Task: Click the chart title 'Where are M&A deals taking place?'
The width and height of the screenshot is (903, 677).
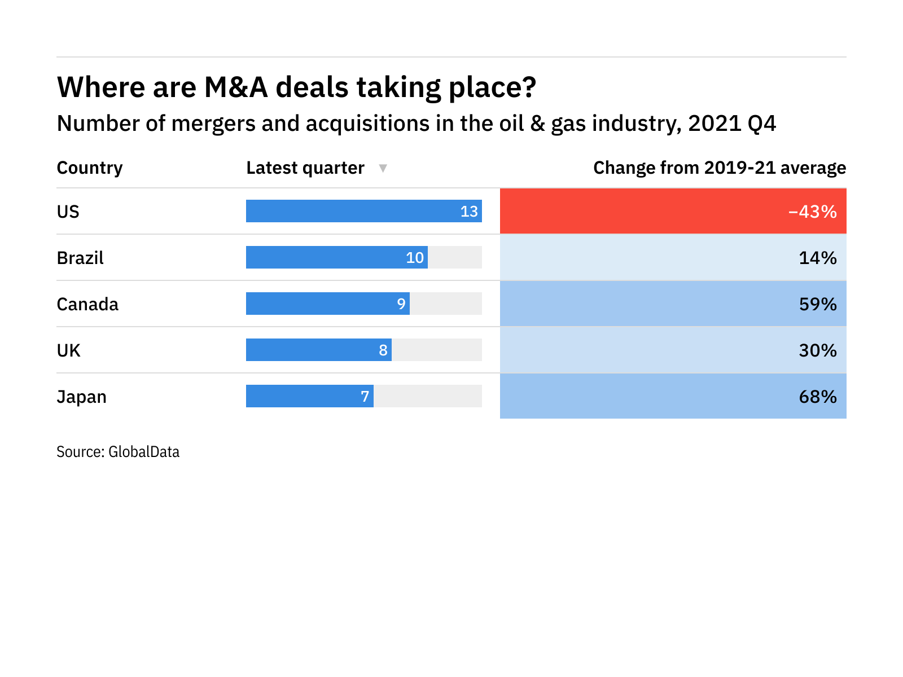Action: (296, 87)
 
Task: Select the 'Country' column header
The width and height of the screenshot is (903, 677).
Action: (90, 168)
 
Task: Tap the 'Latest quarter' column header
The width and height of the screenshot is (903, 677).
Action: (305, 168)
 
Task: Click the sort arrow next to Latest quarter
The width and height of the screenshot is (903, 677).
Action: (383, 168)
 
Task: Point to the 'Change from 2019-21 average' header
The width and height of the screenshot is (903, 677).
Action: (719, 168)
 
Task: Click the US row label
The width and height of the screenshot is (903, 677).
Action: (68, 212)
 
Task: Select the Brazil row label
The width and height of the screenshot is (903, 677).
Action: (80, 258)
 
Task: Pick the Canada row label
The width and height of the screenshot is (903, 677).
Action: (87, 304)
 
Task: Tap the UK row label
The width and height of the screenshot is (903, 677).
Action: (69, 350)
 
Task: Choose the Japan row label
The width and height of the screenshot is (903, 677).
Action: (81, 397)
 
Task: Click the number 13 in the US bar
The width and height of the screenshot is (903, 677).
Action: (469, 212)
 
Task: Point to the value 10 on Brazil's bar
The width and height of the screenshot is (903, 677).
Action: (415, 258)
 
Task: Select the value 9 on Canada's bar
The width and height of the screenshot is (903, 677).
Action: (401, 304)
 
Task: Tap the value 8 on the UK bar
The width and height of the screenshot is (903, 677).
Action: (383, 350)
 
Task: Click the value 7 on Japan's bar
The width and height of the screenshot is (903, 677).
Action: (365, 397)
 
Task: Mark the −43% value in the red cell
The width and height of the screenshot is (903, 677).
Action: (812, 212)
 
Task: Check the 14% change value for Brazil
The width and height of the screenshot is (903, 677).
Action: (817, 258)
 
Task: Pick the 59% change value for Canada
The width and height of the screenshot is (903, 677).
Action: (817, 304)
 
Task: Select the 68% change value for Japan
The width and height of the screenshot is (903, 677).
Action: (817, 397)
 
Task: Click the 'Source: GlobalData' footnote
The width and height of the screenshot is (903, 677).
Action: (118, 452)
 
